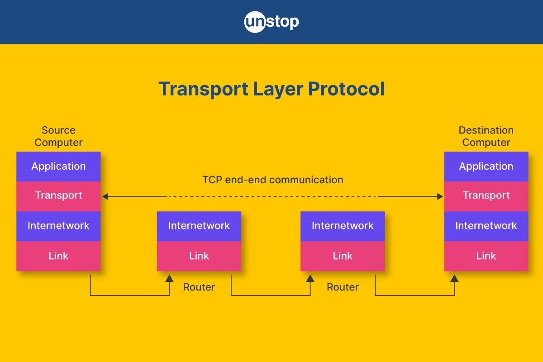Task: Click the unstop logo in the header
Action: (x=271, y=22)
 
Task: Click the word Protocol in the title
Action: (x=347, y=89)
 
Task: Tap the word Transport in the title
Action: (x=203, y=89)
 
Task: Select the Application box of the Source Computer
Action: (x=58, y=167)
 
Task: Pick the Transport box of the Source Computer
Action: (x=58, y=196)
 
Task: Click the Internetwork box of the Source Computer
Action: (x=58, y=226)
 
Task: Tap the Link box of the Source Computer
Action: (x=58, y=256)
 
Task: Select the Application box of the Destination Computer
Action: (x=486, y=167)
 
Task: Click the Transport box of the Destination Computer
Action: (x=486, y=196)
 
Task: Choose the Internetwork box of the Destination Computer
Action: (x=486, y=226)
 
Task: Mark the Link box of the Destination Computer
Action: (x=486, y=256)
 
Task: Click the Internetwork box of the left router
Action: (x=199, y=226)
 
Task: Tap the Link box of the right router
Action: (x=343, y=256)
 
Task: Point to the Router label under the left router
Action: (x=199, y=287)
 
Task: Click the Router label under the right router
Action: (x=343, y=287)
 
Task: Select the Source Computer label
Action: (x=58, y=136)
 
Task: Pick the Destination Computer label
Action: (x=486, y=136)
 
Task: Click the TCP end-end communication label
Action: (x=273, y=180)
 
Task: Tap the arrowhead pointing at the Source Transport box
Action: (x=105, y=196)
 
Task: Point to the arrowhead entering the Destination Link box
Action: (x=454, y=278)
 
